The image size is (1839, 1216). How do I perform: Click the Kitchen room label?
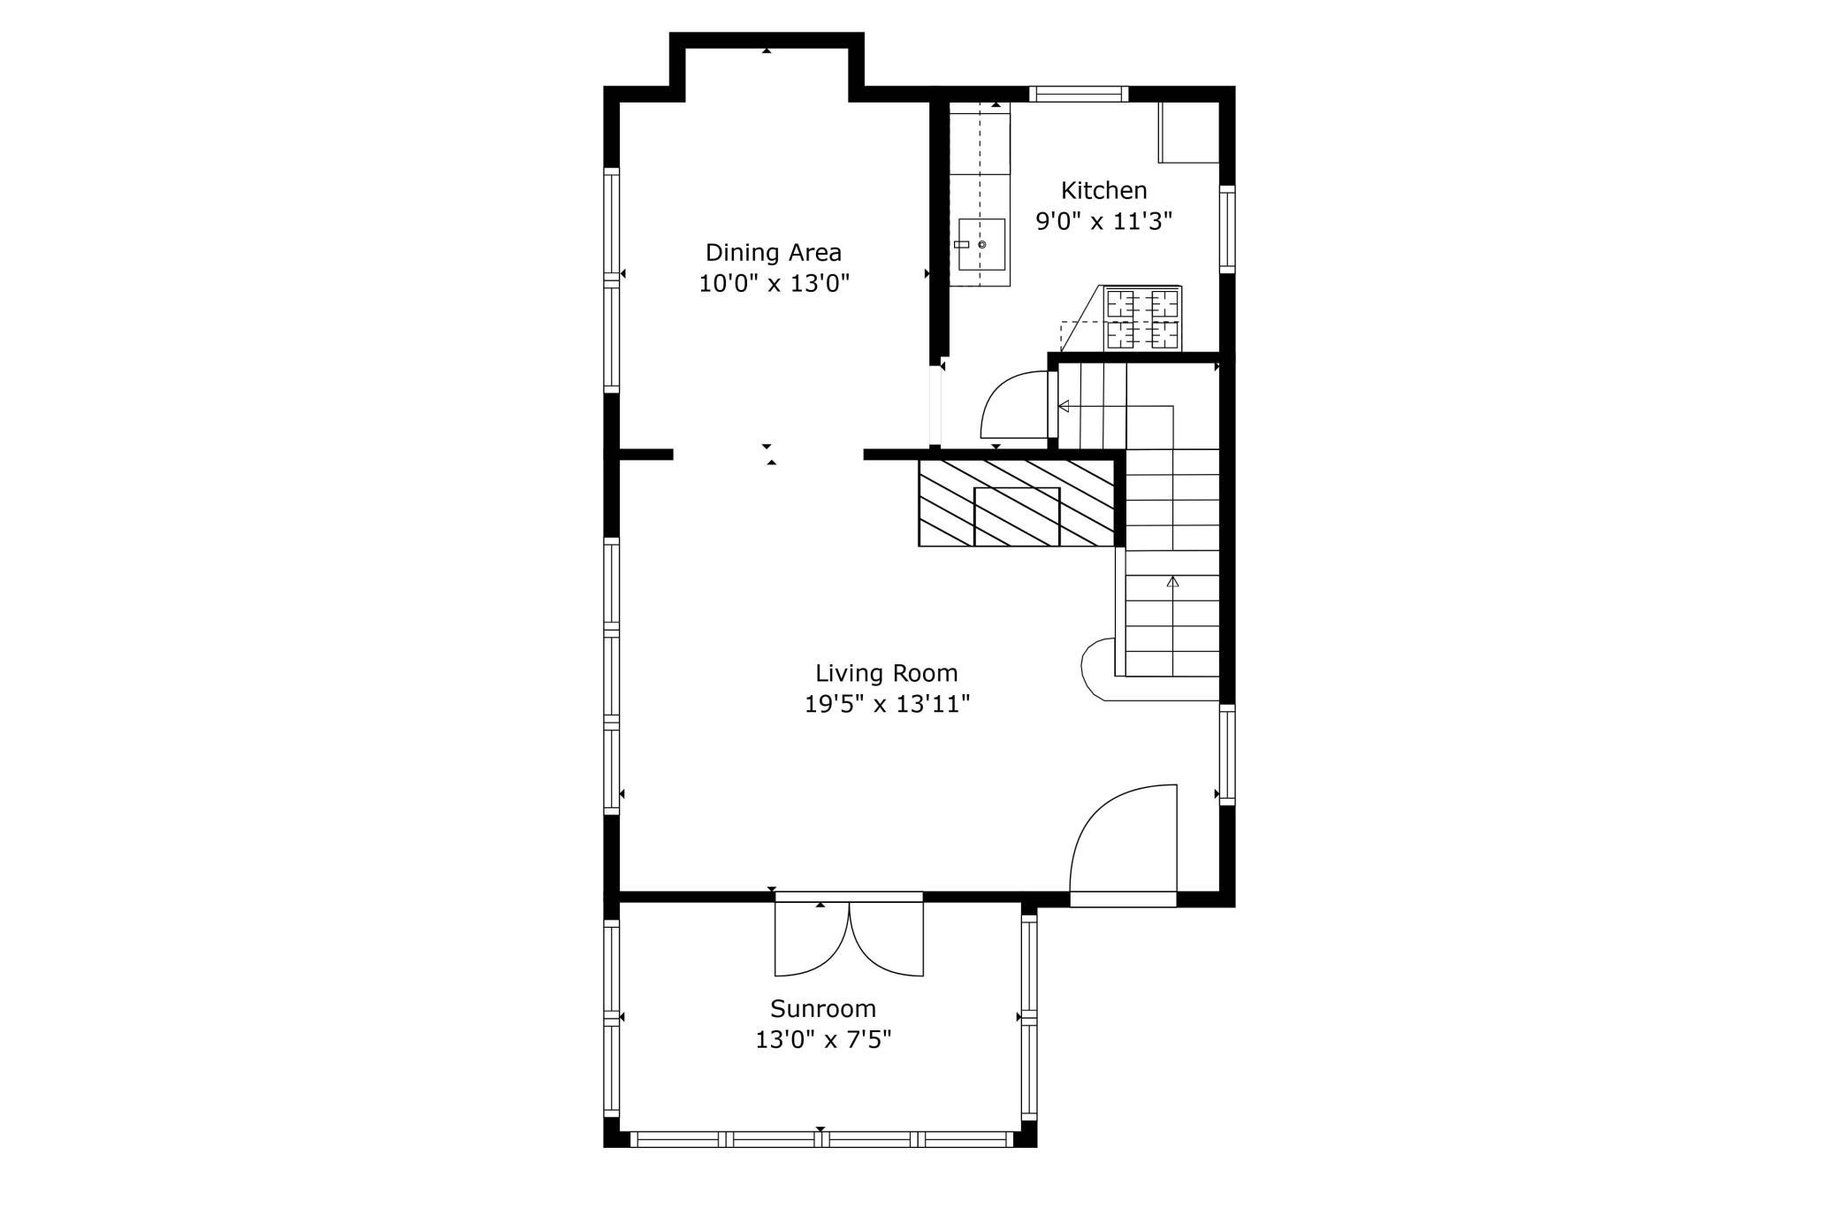[1103, 190]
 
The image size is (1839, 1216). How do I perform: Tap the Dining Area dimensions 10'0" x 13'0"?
[774, 284]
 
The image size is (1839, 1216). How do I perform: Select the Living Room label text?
[886, 673]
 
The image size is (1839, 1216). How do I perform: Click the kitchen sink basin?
[981, 244]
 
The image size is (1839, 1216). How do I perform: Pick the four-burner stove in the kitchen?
[1143, 318]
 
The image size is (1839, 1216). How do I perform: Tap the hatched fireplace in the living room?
[1017, 502]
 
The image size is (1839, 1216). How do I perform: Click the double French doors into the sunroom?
[849, 939]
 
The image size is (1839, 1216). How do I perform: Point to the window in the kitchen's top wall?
[1079, 94]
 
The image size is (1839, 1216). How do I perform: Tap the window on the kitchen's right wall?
[1226, 228]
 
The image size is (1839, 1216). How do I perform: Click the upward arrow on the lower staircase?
[1172, 582]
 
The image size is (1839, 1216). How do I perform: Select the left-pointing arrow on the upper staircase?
[1064, 406]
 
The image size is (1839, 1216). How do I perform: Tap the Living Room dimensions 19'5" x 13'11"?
[887, 705]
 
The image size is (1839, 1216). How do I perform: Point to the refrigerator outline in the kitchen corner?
[1189, 133]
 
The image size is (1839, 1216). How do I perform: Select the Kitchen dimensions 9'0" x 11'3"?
[1103, 221]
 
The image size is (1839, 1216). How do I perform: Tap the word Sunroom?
[822, 1008]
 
